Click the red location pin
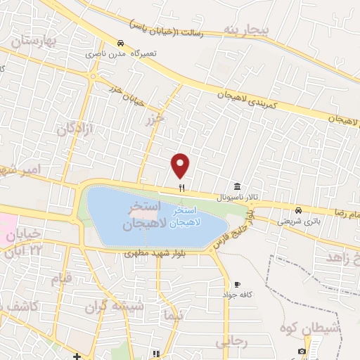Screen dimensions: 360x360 181,165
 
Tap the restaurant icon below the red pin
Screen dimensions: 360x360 181,188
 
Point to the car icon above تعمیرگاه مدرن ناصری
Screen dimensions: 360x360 120,42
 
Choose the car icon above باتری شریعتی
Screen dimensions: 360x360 298,210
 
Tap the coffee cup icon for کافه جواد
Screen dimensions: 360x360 237,284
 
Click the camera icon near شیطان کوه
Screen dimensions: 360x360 302,351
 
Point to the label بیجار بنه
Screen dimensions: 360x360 247,30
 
